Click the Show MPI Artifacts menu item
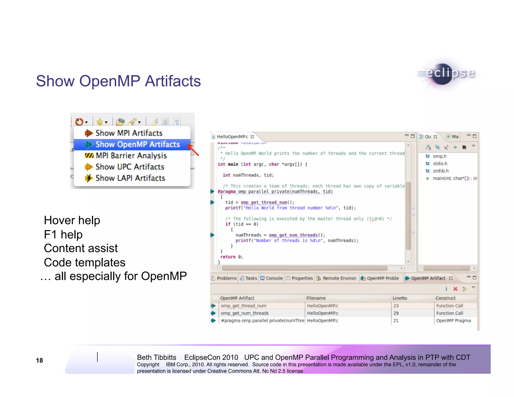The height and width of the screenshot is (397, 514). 129,133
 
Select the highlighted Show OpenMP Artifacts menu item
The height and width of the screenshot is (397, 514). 137,144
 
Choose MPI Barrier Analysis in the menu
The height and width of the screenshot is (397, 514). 131,156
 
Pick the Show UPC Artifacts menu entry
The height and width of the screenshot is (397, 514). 130,167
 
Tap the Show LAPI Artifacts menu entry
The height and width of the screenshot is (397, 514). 130,178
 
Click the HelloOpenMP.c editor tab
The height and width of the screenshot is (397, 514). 232,137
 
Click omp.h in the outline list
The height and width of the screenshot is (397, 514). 439,156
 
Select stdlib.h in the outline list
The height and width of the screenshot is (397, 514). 440,171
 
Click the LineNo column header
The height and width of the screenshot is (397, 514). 400,298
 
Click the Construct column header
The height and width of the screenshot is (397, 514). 445,298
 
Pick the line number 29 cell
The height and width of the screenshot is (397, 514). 396,313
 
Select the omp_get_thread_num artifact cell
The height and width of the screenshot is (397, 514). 243,306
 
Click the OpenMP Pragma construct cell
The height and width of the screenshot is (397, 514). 453,320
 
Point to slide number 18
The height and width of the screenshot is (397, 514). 39,360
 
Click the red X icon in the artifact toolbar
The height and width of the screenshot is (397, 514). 455,289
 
